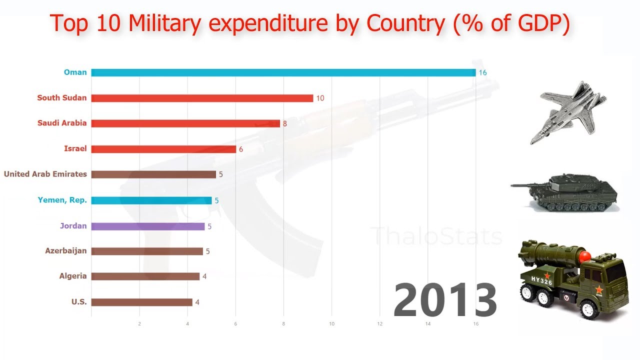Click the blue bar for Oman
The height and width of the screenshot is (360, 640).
pyautogui.click(x=283, y=72)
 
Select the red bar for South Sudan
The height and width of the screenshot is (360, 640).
pyautogui.click(x=202, y=98)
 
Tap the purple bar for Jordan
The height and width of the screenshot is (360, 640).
pyautogui.click(x=148, y=226)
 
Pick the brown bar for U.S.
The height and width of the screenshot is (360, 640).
pyautogui.click(x=141, y=302)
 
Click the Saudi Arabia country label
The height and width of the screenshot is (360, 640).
pyautogui.click(x=62, y=123)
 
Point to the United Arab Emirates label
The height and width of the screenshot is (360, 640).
pyautogui.click(x=45, y=174)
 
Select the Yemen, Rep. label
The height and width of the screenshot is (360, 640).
pyautogui.click(x=62, y=200)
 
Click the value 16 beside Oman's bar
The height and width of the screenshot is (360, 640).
pyautogui.click(x=482, y=72)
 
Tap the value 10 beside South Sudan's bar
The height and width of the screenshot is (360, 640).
pyautogui.click(x=320, y=98)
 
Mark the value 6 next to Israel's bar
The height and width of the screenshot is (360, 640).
pyautogui.click(x=240, y=149)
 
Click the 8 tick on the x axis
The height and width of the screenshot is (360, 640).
pyautogui.click(x=283, y=324)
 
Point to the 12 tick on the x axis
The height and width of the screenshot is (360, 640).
pyautogui.click(x=379, y=324)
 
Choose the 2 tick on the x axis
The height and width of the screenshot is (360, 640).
pyautogui.click(x=139, y=324)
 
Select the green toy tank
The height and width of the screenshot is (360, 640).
pyautogui.click(x=565, y=191)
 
